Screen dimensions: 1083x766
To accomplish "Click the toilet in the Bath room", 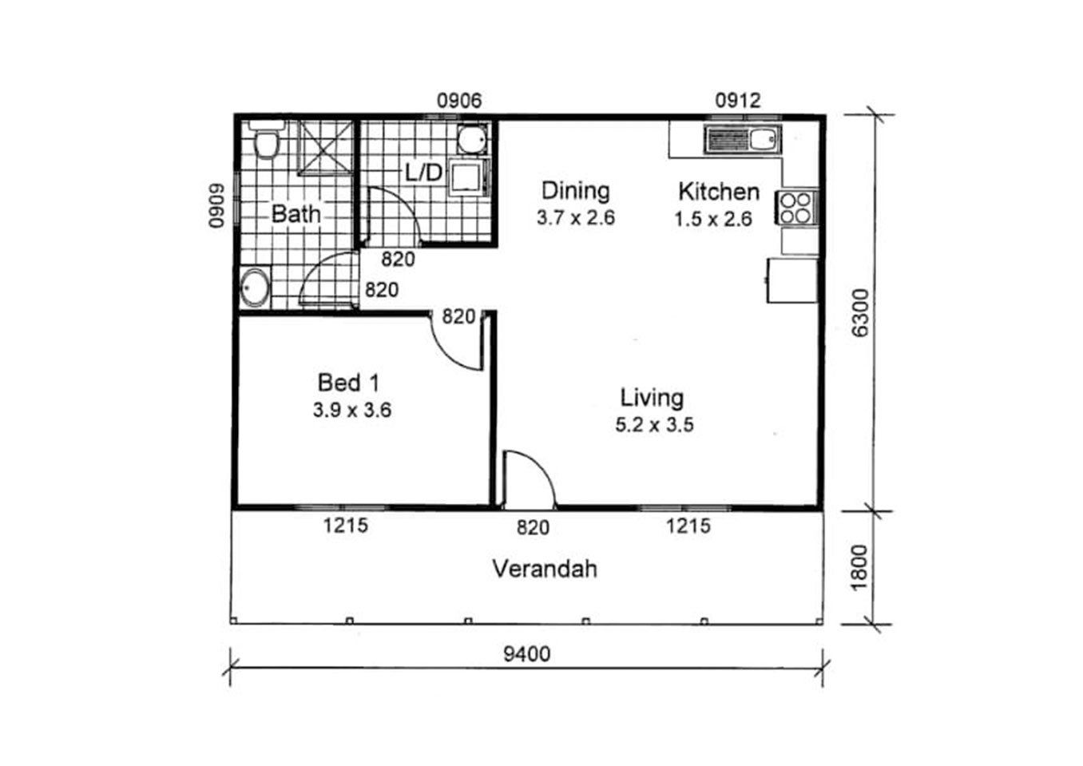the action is click(x=267, y=140).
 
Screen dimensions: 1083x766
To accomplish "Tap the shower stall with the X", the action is click(x=325, y=147).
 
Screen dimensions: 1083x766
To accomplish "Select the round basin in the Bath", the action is click(x=255, y=288).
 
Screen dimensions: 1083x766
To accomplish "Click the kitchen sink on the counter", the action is click(x=743, y=140).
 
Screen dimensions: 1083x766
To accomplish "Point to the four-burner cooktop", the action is click(x=795, y=208).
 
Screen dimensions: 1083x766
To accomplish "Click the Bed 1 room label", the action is click(x=348, y=383).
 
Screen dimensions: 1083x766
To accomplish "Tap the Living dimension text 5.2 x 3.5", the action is click(x=654, y=425).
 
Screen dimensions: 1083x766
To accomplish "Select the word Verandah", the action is click(x=545, y=569).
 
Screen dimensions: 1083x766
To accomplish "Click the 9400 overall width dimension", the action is click(x=527, y=655).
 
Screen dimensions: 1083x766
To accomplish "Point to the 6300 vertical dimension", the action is click(x=861, y=313).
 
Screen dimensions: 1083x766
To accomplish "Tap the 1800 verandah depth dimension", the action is click(x=861, y=568).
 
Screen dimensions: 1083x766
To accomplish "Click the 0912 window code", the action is click(x=738, y=101).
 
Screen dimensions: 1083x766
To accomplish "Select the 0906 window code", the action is click(x=459, y=101).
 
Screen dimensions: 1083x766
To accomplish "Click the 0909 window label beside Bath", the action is click(x=216, y=205).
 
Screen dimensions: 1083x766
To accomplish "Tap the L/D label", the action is click(x=423, y=173).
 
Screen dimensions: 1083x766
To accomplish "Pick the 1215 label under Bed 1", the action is click(x=346, y=526).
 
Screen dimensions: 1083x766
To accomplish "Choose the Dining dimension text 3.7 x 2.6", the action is click(x=575, y=218).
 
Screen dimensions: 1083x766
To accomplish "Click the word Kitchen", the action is click(x=719, y=192).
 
